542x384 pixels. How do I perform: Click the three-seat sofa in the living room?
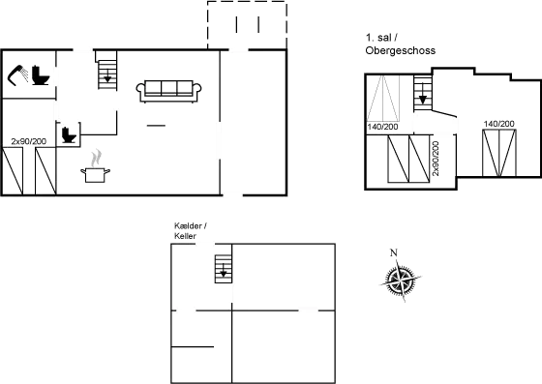pyautogui.click(x=169, y=90)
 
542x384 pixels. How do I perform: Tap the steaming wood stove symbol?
pyautogui.click(x=96, y=166)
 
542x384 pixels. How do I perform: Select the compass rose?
pyautogui.click(x=398, y=280)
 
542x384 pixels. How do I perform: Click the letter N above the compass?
pyautogui.click(x=393, y=252)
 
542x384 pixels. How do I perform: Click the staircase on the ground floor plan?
pyautogui.click(x=106, y=74)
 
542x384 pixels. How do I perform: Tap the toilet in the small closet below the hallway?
pyautogui.click(x=68, y=136)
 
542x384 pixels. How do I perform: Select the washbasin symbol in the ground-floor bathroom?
pyautogui.click(x=17, y=74)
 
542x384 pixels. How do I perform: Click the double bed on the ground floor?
pyautogui.click(x=32, y=169)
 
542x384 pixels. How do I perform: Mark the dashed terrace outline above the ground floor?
pyautogui.click(x=247, y=23)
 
